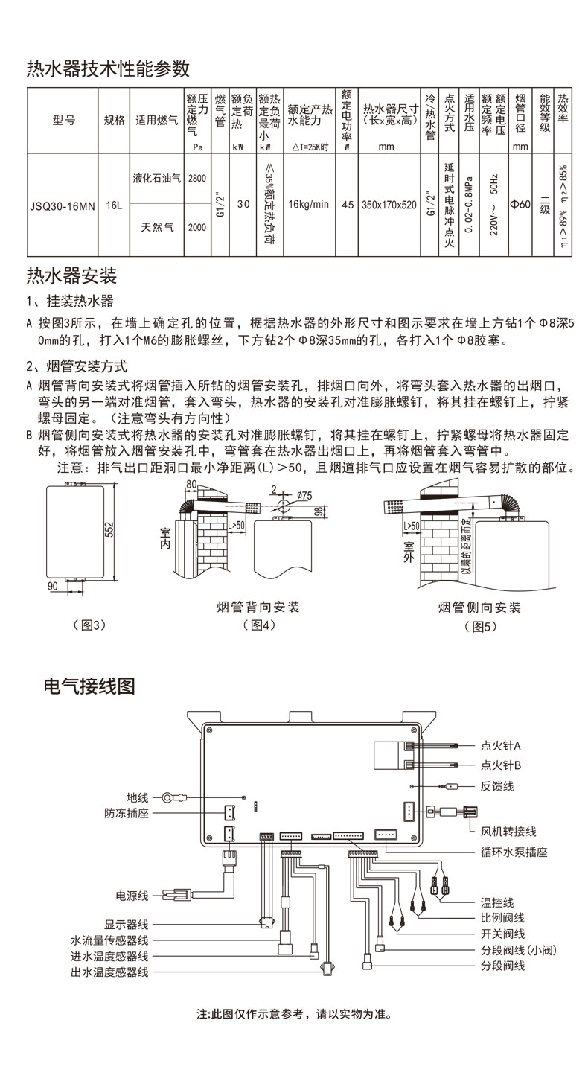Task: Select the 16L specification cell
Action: click(x=113, y=203)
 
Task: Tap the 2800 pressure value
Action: click(x=197, y=179)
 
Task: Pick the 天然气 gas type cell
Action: click(x=156, y=228)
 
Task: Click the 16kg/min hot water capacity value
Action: click(x=308, y=203)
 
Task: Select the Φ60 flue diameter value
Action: click(x=520, y=203)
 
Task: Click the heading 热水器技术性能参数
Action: click(x=108, y=69)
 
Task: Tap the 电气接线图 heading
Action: click(x=89, y=685)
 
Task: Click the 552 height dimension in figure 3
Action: click(x=109, y=530)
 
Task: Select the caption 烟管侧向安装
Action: click(x=479, y=607)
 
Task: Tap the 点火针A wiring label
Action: click(x=501, y=745)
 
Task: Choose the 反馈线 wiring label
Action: click(x=496, y=786)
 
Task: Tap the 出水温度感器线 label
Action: click(x=109, y=972)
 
